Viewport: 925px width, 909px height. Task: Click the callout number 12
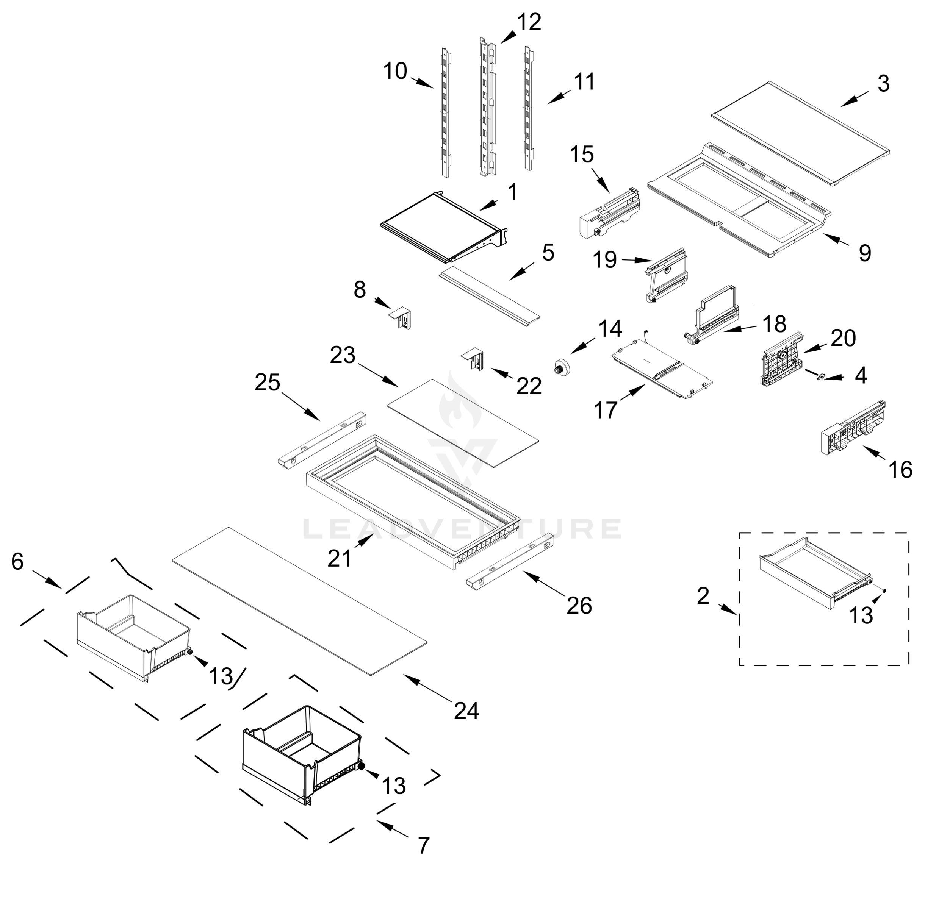529,22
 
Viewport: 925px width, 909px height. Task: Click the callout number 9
865,253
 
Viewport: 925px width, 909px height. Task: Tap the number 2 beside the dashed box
703,596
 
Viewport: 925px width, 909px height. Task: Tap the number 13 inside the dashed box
861,615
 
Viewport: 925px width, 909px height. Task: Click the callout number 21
340,558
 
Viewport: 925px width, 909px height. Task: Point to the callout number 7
423,845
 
